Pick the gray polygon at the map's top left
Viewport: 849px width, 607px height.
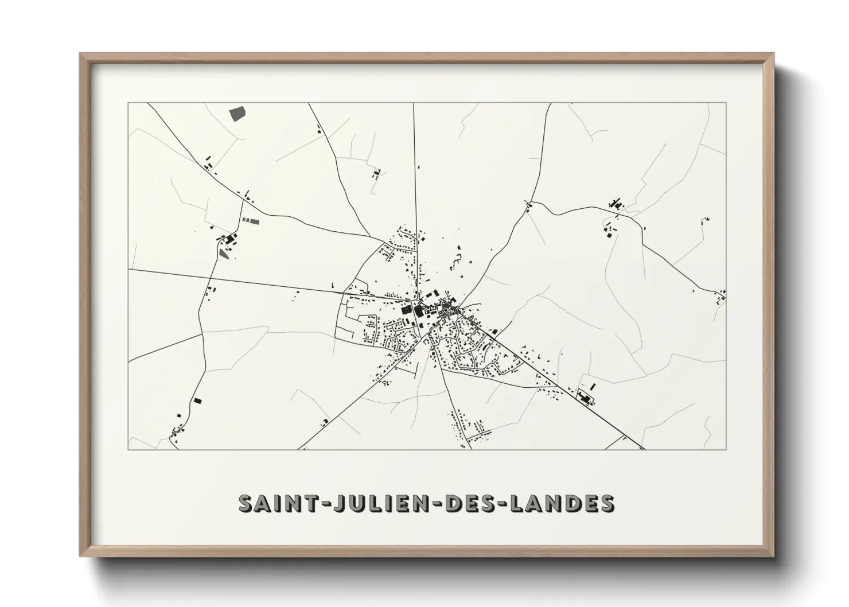(236, 113)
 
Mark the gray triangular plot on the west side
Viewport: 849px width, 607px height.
(223, 252)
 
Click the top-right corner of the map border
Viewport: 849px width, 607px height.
(726, 103)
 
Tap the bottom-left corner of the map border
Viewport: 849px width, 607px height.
(128, 449)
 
